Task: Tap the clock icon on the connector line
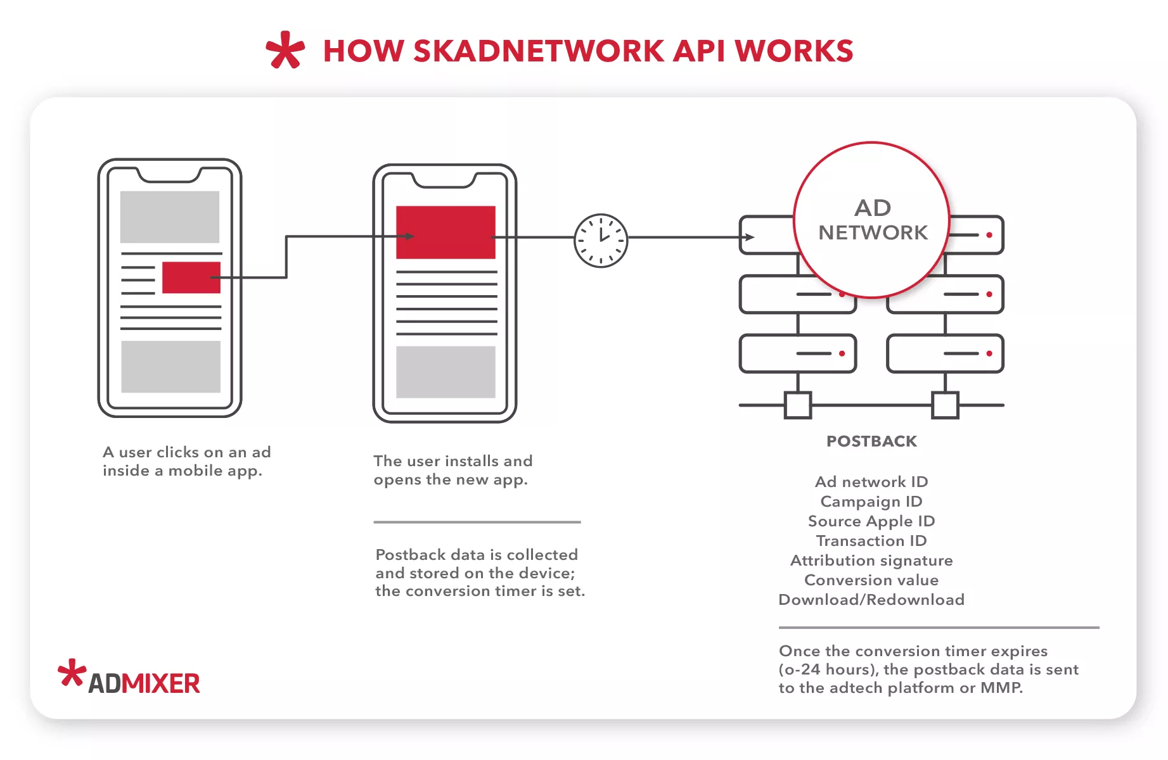click(601, 241)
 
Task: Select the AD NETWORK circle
click(872, 220)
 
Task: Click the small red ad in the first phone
click(191, 277)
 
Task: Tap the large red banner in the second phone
click(446, 232)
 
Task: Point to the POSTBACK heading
click(871, 441)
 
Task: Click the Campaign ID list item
click(871, 502)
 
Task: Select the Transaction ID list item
click(871, 541)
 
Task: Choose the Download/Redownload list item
click(871, 600)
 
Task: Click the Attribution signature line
click(871, 560)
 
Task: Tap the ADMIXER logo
click(130, 678)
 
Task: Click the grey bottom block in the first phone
click(170, 367)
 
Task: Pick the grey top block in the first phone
click(170, 217)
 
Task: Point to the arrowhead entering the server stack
click(750, 237)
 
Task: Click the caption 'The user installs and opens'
click(452, 470)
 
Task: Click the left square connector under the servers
click(798, 405)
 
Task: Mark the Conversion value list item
click(871, 580)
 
